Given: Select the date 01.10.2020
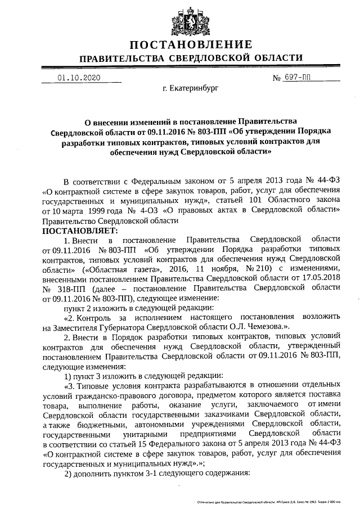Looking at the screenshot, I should [x=78, y=78].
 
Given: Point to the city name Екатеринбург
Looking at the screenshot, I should [x=190, y=88].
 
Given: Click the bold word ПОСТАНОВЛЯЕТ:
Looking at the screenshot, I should [x=78, y=230].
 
